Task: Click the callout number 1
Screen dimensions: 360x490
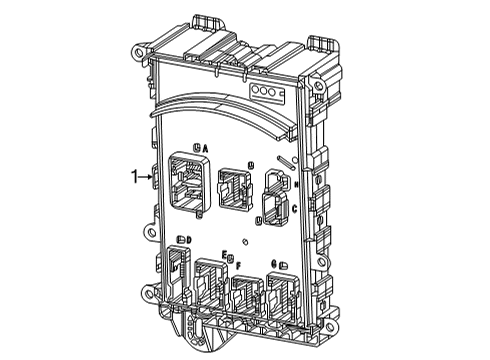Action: click(x=134, y=177)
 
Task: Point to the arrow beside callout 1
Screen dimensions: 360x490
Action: click(x=146, y=177)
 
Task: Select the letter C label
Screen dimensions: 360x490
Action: click(x=294, y=208)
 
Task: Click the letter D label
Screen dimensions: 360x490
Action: click(x=188, y=240)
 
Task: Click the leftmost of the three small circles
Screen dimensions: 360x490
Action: click(x=259, y=90)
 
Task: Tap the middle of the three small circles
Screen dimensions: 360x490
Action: click(x=268, y=90)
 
